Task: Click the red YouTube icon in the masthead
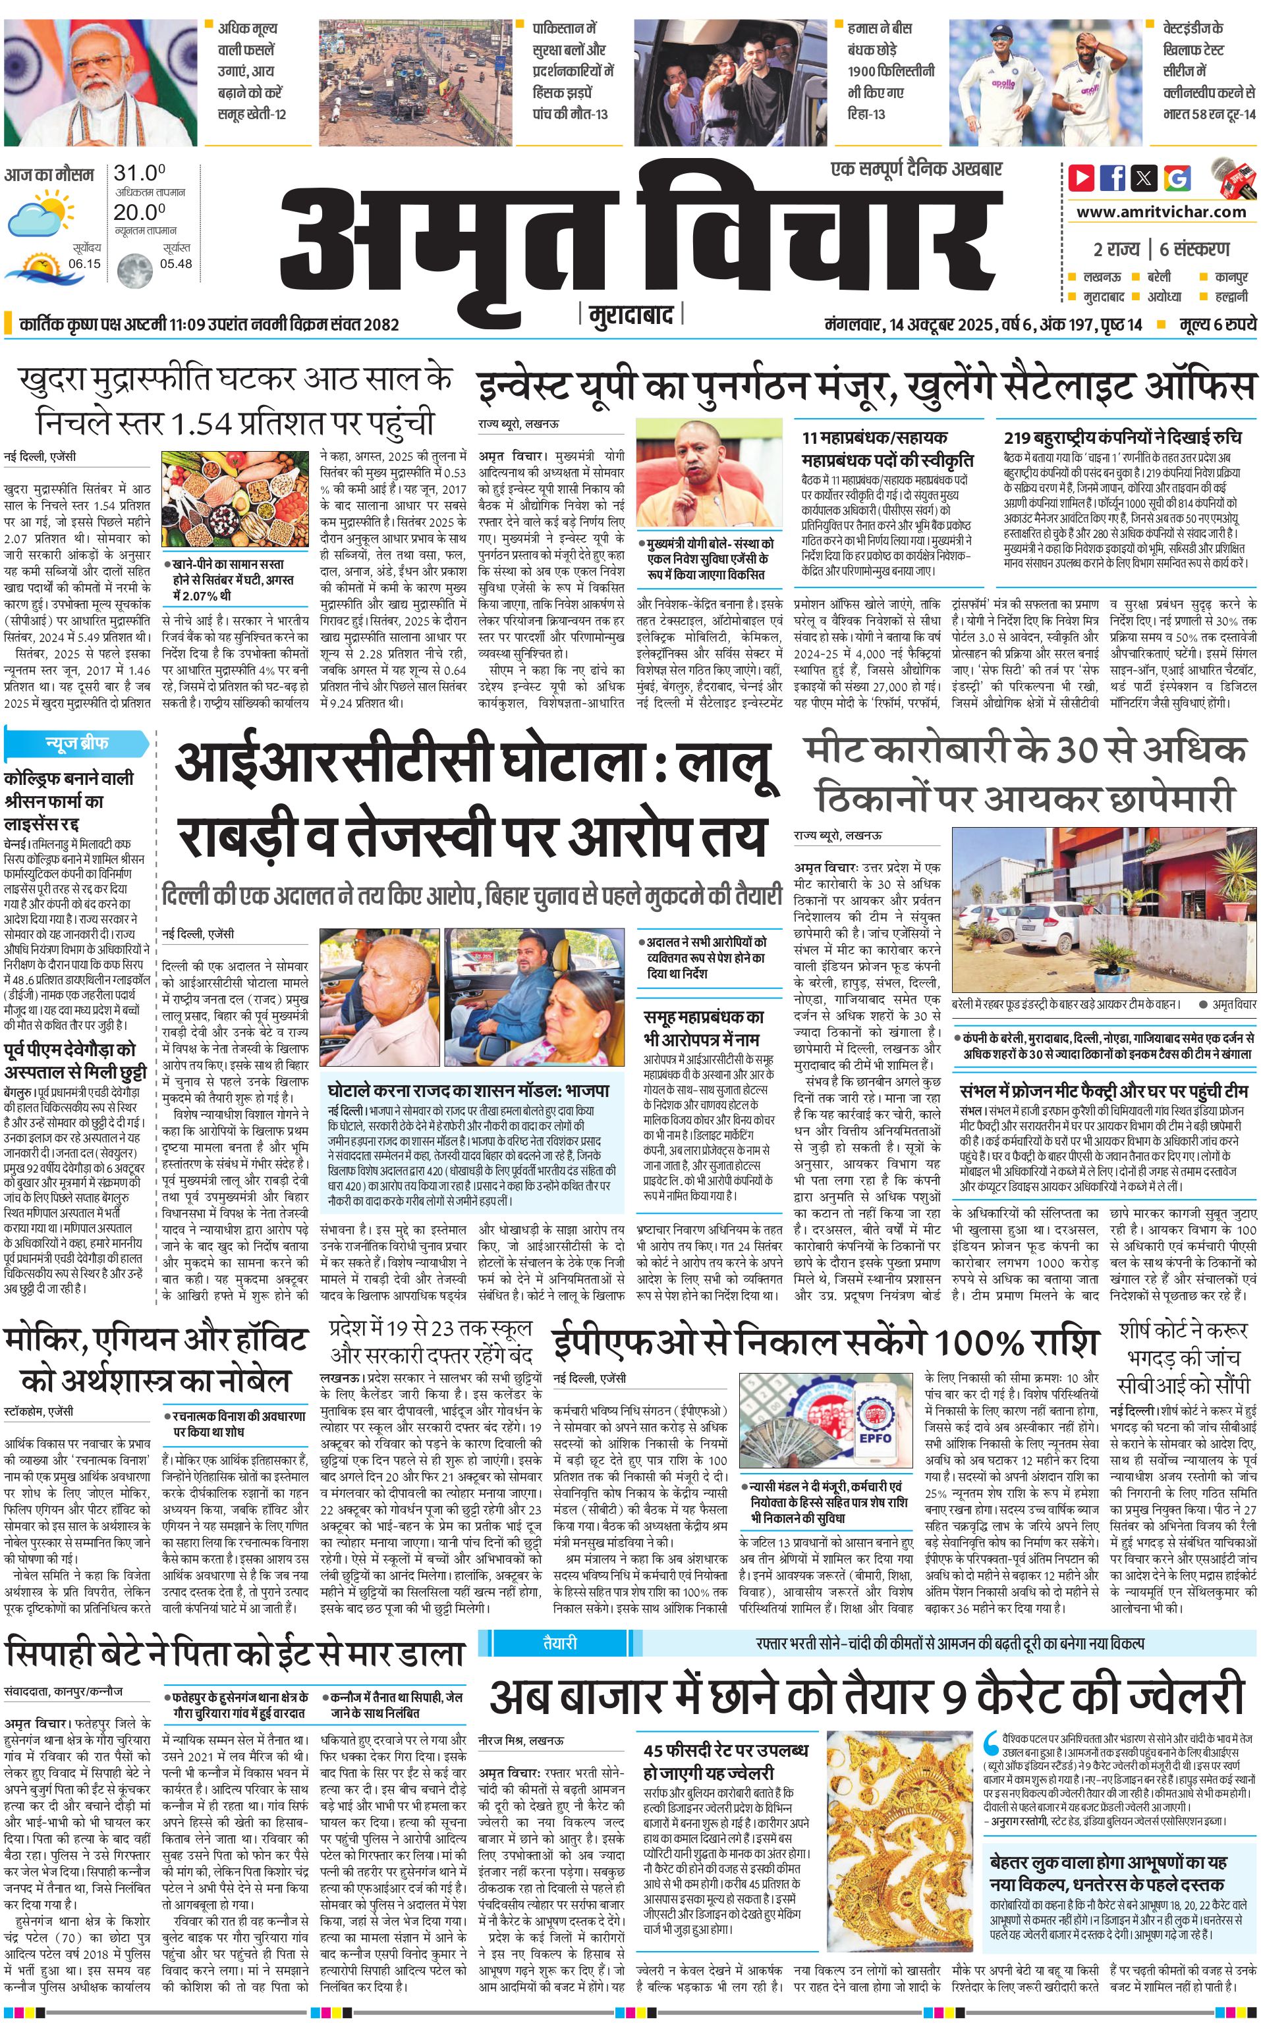1082,178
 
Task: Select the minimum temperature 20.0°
139,213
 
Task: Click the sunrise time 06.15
84,263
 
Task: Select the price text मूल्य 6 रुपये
1217,324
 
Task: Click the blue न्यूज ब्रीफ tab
76,743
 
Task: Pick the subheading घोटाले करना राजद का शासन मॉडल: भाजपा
468,1089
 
